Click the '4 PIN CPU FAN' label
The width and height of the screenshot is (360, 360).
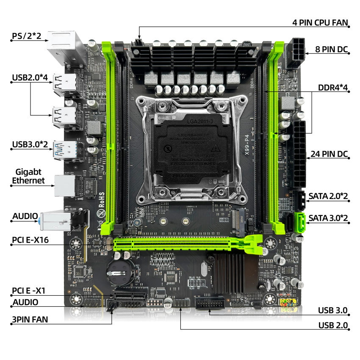pyautogui.click(x=320, y=22)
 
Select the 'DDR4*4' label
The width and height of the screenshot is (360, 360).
pyautogui.click(x=333, y=88)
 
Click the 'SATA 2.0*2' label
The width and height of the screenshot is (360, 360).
pyautogui.click(x=328, y=196)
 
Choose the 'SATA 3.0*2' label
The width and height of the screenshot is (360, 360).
pyautogui.click(x=328, y=218)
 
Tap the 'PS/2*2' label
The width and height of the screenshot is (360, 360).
pyautogui.click(x=26, y=36)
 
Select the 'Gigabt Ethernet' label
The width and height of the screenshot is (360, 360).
pyautogui.click(x=28, y=176)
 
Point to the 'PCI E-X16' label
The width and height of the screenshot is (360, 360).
pyautogui.click(x=30, y=240)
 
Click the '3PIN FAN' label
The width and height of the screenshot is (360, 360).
pyautogui.click(x=30, y=320)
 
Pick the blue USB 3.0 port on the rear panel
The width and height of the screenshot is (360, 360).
pyautogui.click(x=65, y=149)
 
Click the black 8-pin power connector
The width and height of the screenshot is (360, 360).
pyautogui.click(x=296, y=53)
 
